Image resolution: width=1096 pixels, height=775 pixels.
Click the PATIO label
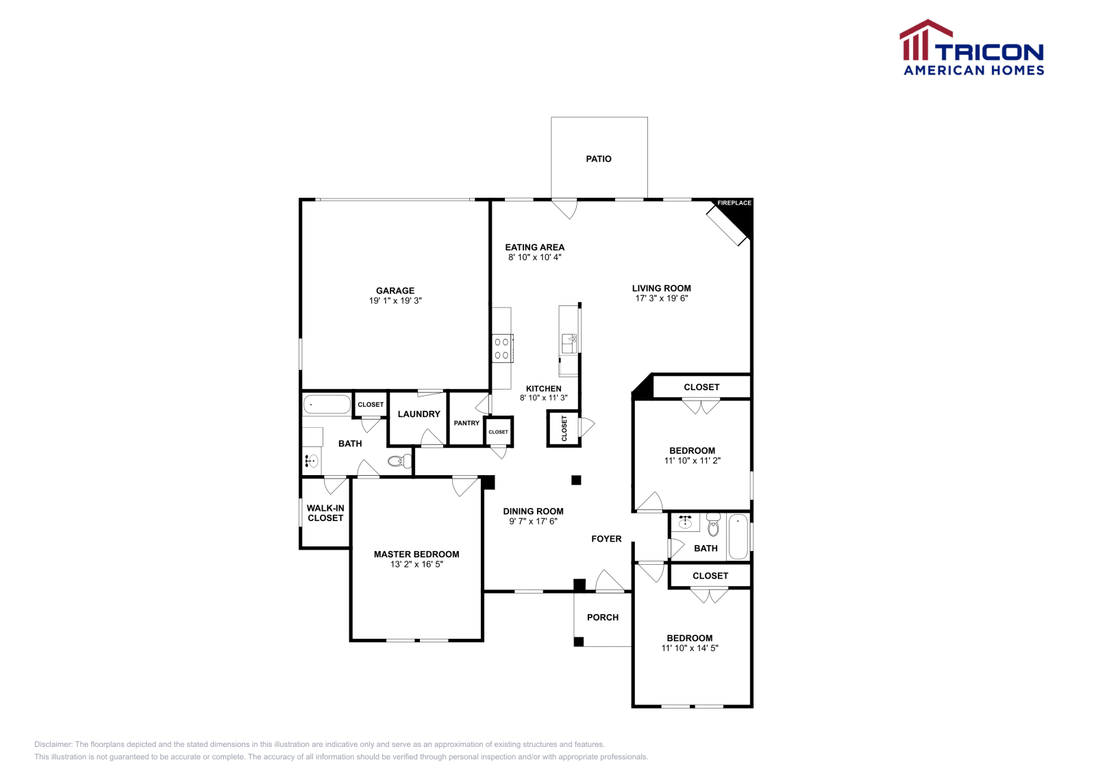598,159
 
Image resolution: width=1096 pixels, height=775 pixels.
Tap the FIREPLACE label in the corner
734,203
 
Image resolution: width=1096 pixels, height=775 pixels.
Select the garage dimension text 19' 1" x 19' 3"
395,301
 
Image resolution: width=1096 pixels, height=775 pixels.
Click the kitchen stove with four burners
502,348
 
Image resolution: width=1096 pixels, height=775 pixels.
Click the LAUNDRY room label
419,414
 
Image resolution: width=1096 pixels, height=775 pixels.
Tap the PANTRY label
466,423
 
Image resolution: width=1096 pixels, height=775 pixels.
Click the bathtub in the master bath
327,405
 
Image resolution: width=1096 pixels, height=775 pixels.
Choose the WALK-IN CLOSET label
325,513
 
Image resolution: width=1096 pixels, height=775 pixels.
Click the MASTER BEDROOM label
416,555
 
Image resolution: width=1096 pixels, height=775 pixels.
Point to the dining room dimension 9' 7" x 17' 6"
533,521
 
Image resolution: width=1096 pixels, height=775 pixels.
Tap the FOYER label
606,539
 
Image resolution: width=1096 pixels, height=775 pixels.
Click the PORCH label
603,618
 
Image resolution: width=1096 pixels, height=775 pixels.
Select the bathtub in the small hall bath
738,537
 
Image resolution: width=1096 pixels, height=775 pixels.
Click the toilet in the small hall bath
713,526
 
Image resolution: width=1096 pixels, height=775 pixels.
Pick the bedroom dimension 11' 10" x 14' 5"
690,648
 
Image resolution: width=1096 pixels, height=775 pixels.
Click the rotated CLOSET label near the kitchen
564,429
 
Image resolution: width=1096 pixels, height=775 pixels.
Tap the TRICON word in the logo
989,52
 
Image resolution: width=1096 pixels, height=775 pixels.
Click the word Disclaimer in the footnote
53,744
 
